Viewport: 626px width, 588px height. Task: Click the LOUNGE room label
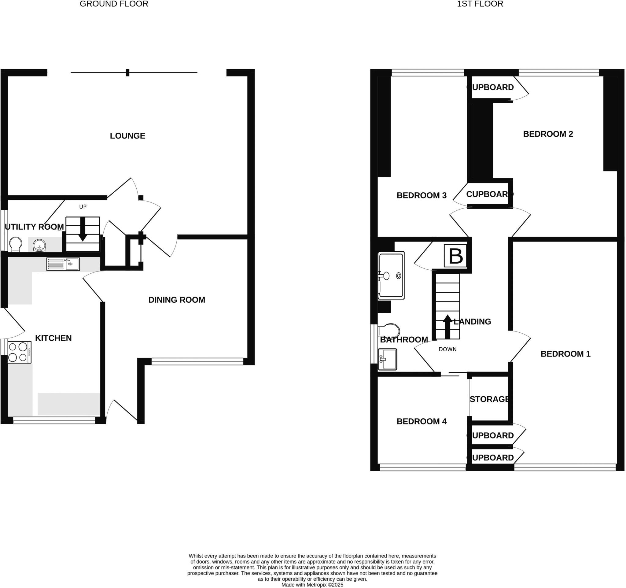(x=127, y=136)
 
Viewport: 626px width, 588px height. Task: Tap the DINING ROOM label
(x=177, y=300)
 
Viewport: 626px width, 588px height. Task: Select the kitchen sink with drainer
(x=63, y=264)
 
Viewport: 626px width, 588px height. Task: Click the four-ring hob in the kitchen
(x=19, y=352)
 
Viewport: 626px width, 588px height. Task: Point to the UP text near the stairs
(x=83, y=207)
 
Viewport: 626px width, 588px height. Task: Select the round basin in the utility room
(x=39, y=245)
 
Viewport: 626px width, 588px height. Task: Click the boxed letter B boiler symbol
(x=455, y=256)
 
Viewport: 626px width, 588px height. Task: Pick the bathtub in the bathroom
(x=391, y=275)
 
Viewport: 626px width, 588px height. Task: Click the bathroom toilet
(x=389, y=330)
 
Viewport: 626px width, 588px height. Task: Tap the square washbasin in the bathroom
(x=387, y=359)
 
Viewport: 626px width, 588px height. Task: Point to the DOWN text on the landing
(x=447, y=349)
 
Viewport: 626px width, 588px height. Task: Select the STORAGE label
(x=489, y=399)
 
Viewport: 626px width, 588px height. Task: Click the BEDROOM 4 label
(x=422, y=421)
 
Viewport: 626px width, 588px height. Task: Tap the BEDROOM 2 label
(x=548, y=134)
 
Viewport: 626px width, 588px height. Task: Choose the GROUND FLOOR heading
(x=114, y=4)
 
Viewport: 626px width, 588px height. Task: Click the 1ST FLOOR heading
(x=480, y=4)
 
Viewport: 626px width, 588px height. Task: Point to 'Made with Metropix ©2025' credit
(x=312, y=585)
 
